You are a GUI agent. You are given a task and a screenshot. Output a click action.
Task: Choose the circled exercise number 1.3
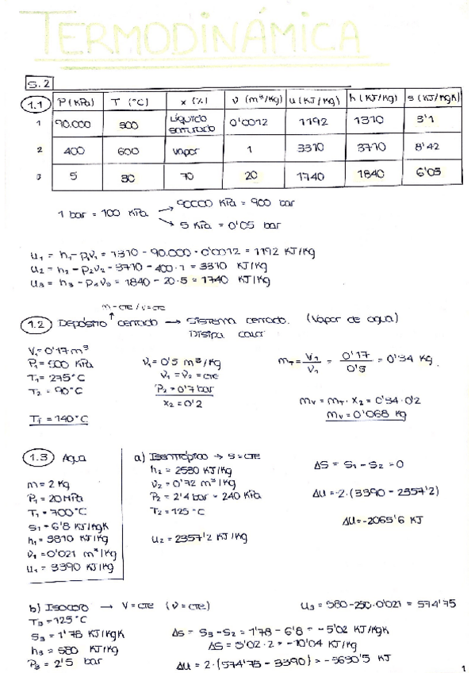(x=37, y=458)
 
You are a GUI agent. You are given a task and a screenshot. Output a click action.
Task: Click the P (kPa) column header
(x=75, y=102)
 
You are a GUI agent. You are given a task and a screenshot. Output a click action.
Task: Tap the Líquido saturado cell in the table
(x=188, y=124)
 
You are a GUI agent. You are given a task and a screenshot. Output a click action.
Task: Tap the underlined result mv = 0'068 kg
(x=366, y=413)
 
